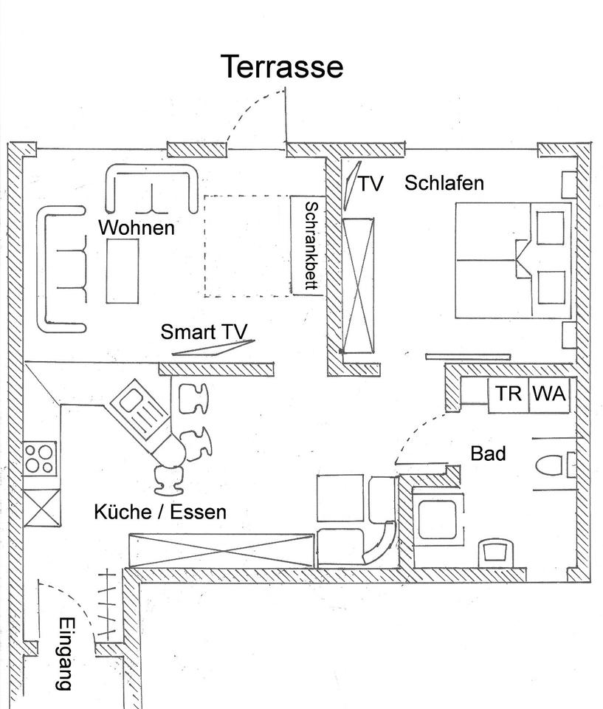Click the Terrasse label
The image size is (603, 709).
pos(282,66)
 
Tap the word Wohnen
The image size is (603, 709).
pos(137,227)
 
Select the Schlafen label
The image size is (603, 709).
pos(444,182)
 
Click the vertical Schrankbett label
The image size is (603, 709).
pos(311,247)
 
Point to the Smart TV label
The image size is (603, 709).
pos(204,332)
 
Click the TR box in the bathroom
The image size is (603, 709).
pos(508,394)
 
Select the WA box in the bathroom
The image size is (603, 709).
pos(549,394)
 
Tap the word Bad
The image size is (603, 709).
pos(488,453)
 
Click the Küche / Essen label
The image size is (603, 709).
pos(160,512)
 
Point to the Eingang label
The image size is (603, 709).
pos(66,653)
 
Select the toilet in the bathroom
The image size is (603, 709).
pos(552,465)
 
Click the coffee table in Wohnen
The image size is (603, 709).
pos(123,271)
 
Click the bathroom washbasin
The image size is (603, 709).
pos(494,552)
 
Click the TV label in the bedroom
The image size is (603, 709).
pos(371,183)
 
